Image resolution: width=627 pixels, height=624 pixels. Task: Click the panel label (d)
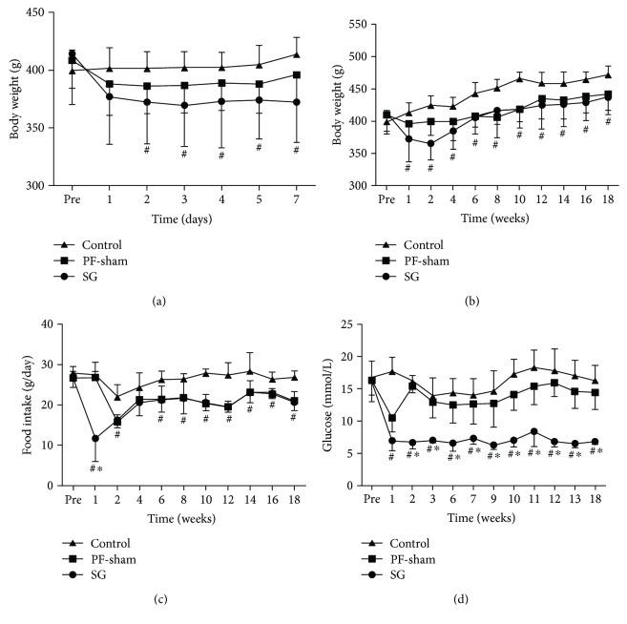[485, 599]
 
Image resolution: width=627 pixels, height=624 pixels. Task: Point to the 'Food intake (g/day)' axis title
[15, 405]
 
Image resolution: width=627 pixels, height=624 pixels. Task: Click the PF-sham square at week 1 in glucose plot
[392, 418]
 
